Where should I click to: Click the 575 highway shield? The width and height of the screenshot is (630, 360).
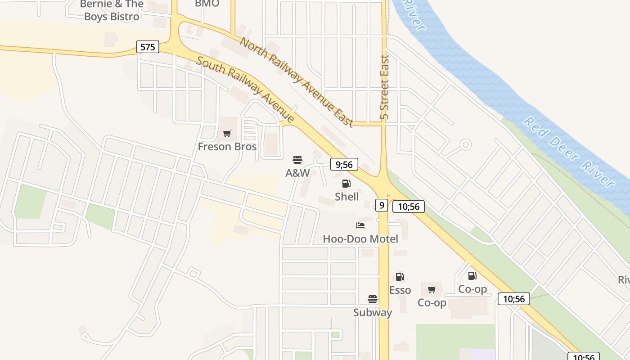148,47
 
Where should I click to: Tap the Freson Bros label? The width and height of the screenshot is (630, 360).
227,147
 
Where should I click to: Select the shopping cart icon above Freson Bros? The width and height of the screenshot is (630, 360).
227,134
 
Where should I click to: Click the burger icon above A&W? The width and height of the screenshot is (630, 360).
297,160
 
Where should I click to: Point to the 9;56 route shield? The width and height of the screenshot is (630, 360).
344,165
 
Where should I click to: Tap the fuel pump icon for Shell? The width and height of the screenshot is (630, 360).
346,184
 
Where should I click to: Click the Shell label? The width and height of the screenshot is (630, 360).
346,197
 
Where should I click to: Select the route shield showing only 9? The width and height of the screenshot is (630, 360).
382,206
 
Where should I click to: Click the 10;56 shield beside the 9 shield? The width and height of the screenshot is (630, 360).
409,207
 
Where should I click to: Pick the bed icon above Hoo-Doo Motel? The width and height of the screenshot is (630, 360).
360,225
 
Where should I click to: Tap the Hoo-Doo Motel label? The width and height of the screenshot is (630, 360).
360,239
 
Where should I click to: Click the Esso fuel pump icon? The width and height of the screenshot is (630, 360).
400,277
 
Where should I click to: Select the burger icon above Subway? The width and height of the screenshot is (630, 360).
372,299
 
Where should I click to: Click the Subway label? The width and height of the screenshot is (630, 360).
372,312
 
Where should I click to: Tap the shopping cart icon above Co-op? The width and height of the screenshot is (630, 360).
432,289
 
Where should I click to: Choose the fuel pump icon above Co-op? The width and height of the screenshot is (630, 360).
472,276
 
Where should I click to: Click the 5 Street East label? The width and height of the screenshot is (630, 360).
384,88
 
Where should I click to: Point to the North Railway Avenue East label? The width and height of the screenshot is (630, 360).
297,82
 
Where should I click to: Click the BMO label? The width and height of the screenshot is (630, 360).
207,4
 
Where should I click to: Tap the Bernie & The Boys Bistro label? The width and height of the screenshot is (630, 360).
111,10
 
